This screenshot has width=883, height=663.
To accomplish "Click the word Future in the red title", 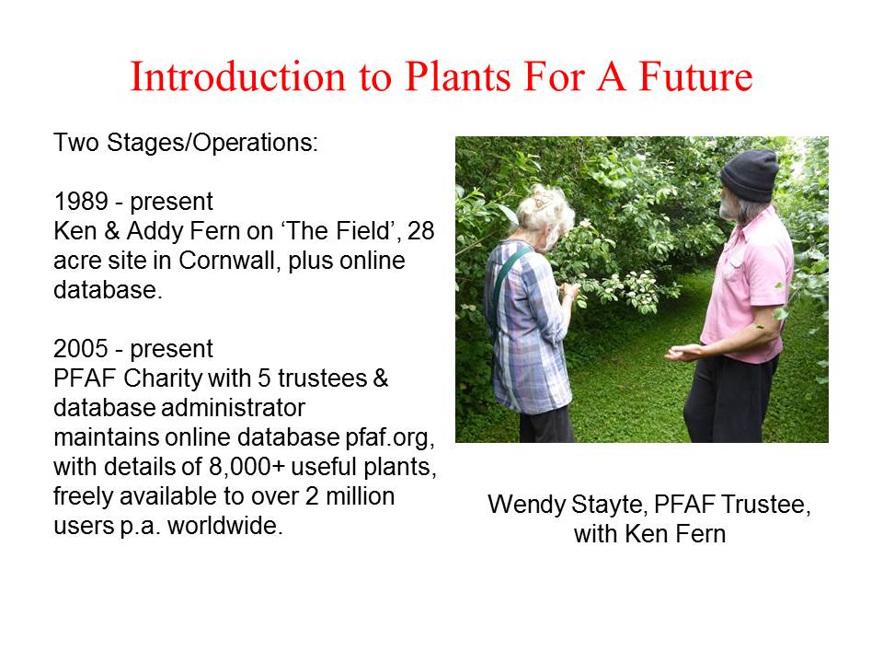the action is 695,76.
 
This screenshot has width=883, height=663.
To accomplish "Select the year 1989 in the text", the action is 81,202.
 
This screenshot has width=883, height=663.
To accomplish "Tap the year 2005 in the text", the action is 81,348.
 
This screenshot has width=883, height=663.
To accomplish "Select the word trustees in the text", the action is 322,378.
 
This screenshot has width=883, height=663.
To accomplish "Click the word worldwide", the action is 225,526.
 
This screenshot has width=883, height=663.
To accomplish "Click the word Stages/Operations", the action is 212,143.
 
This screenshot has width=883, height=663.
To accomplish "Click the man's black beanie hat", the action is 751,174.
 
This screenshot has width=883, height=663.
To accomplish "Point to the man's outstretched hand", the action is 683,353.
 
